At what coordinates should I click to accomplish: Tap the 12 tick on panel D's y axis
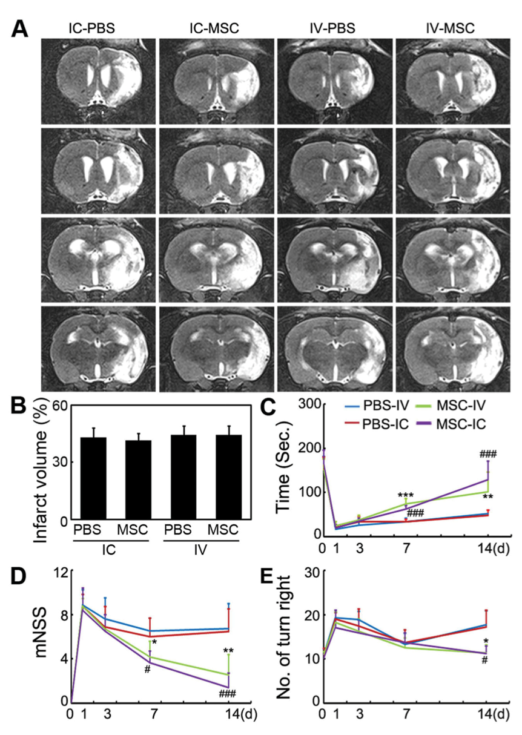(58, 572)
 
